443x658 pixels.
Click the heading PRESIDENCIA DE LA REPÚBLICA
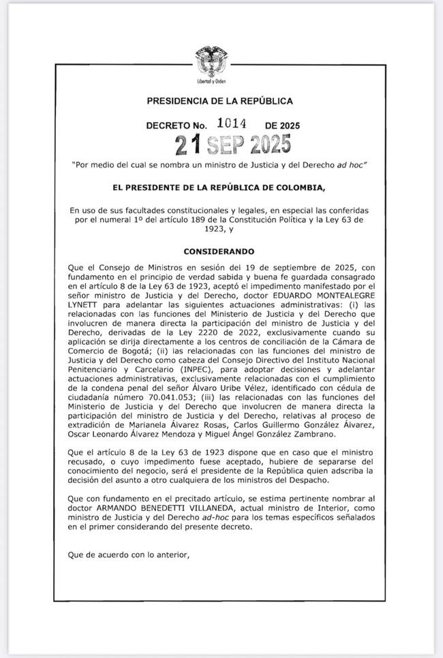219,101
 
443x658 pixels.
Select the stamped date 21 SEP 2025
232,145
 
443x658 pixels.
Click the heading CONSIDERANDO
219,251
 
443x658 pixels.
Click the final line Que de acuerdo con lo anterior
127,554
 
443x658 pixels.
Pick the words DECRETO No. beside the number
176,126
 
